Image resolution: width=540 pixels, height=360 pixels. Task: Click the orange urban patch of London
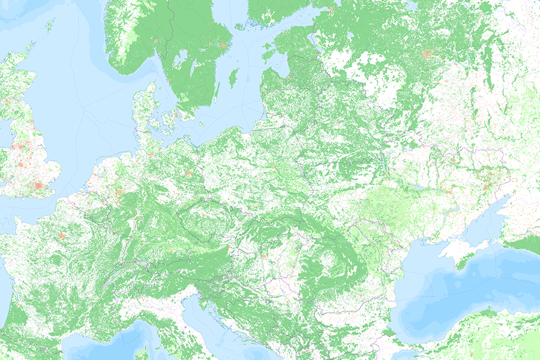coord(40,186)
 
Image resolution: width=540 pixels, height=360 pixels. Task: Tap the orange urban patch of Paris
coord(62,236)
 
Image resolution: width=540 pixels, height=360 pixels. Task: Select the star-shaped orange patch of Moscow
coord(427,54)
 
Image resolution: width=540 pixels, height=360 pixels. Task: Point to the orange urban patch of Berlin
coord(190,174)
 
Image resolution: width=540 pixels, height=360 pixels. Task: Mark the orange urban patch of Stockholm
coord(225,46)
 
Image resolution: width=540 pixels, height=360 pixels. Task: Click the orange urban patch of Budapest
coord(262,256)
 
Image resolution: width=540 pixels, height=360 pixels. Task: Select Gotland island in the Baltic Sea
coord(234,77)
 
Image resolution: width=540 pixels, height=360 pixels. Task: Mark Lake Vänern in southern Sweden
coord(178,58)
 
